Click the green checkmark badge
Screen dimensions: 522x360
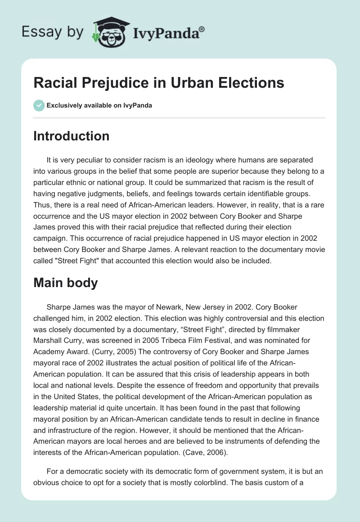[x=39, y=105]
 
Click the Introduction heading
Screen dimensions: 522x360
[x=71, y=136]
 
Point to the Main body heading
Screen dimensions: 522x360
[x=66, y=283]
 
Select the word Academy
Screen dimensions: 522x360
[x=53, y=351]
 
